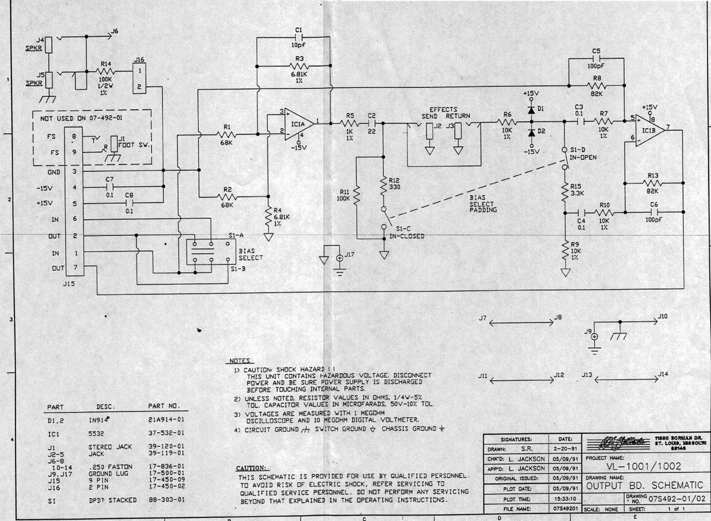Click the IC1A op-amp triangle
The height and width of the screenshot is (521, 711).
pyautogui.click(x=298, y=125)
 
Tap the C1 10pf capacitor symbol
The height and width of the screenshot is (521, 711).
pyautogui.click(x=299, y=37)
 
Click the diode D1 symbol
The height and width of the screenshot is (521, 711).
pyautogui.click(x=531, y=110)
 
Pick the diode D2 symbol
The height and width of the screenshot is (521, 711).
pyautogui.click(x=531, y=131)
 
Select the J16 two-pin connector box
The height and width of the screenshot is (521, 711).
pyautogui.click(x=139, y=79)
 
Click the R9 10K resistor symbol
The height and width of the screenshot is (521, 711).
pyautogui.click(x=565, y=249)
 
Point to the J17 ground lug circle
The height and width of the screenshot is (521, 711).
pyautogui.click(x=339, y=258)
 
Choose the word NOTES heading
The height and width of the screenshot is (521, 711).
pyautogui.click(x=239, y=361)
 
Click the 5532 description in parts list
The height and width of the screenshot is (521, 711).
pyautogui.click(x=96, y=433)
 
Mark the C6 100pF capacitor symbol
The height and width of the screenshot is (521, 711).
pyautogui.click(x=654, y=212)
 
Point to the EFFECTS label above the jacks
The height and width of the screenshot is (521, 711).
pyautogui.click(x=443, y=110)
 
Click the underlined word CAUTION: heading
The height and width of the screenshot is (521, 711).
pyautogui.click(x=251, y=468)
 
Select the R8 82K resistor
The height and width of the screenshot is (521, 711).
pyautogui.click(x=597, y=86)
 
